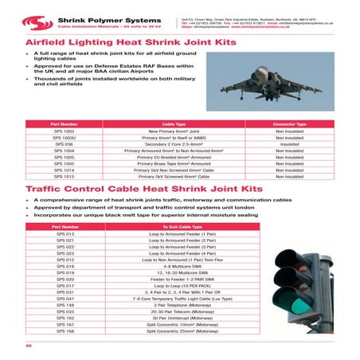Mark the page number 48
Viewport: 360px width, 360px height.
(x=29, y=344)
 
